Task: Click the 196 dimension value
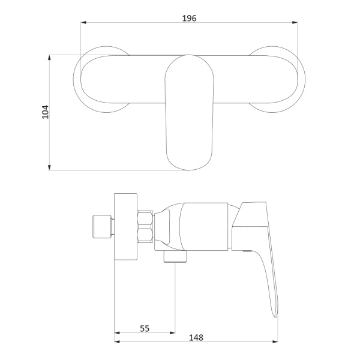click(x=190, y=18)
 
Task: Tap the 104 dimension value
click(x=45, y=112)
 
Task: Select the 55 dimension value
click(x=145, y=329)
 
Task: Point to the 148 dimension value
click(x=196, y=337)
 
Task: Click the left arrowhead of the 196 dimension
click(x=83, y=23)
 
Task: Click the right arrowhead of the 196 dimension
click(x=295, y=23)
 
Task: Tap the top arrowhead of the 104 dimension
click(x=49, y=58)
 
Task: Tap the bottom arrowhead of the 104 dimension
click(x=49, y=167)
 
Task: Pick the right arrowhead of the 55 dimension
click(x=172, y=332)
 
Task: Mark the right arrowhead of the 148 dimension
click(x=275, y=341)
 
